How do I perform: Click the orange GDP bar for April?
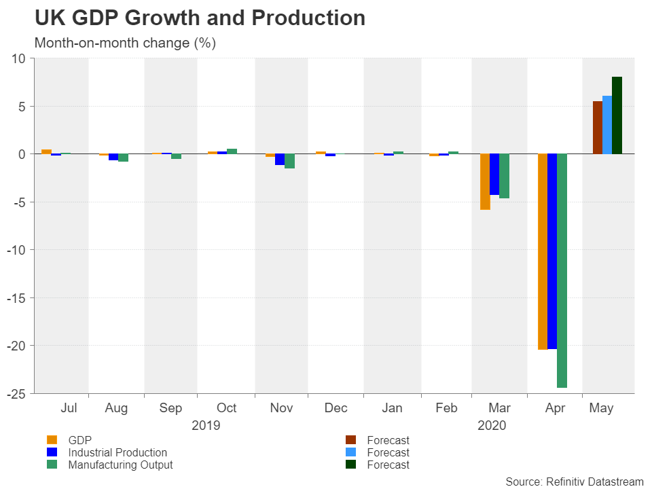[542, 251]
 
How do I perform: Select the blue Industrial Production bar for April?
[552, 251]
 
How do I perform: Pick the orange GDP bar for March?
[485, 181]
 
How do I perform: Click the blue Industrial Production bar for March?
[494, 175]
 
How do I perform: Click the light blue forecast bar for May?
[607, 125]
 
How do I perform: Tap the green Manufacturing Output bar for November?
[289, 161]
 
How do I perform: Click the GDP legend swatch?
[51, 440]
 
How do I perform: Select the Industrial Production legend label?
[117, 452]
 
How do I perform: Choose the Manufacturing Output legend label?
[120, 465]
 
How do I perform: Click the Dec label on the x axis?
[336, 408]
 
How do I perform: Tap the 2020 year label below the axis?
[492, 426]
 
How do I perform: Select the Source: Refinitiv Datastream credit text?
[574, 482]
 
